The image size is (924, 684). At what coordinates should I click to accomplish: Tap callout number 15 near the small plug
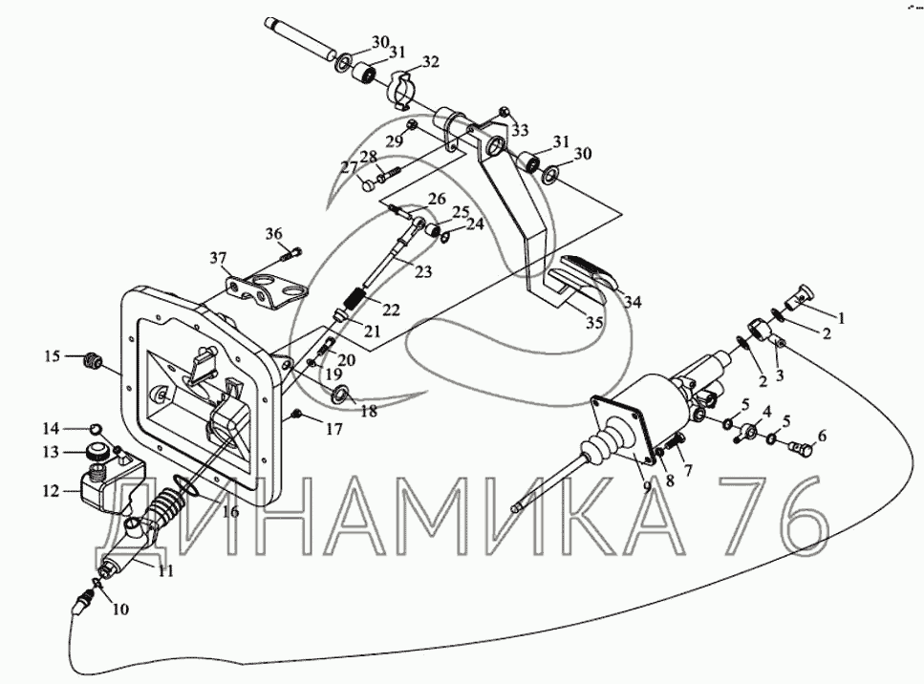[51, 356]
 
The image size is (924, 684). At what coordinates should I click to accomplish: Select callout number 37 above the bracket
[219, 258]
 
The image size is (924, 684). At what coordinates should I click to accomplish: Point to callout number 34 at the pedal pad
[634, 302]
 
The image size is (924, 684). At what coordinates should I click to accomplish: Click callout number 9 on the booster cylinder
[647, 485]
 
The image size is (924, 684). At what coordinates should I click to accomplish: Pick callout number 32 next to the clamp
[430, 62]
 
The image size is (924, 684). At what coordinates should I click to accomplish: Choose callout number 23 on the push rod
[422, 272]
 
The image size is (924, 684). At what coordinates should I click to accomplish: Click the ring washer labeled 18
[341, 394]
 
